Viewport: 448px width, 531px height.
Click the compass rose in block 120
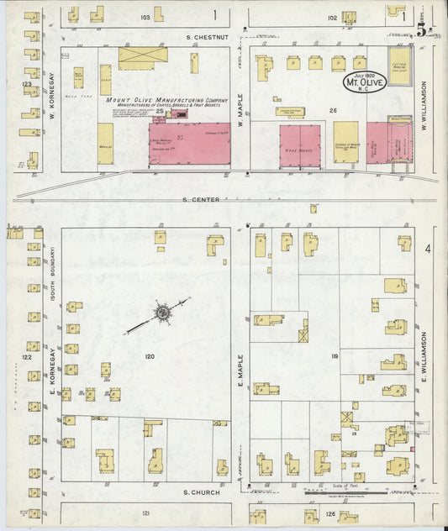pyautogui.click(x=161, y=314)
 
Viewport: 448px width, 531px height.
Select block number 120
pyautogui.click(x=150, y=357)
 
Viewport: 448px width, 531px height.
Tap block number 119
pyautogui.click(x=334, y=357)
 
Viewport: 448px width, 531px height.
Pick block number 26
pyautogui.click(x=333, y=110)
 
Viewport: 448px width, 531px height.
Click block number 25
pyautogui.click(x=159, y=111)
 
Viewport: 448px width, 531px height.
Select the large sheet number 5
pyautogui.click(x=419, y=29)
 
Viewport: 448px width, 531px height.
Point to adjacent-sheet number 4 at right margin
pyautogui.click(x=428, y=250)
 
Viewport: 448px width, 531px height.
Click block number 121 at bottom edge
pyautogui.click(x=146, y=513)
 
